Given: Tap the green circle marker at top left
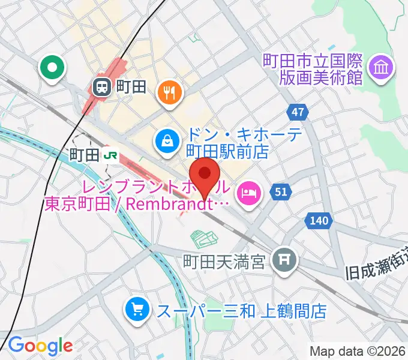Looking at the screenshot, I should tap(52, 67).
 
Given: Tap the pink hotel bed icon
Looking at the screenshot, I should tap(248, 193).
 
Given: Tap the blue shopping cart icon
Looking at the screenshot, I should tap(137, 310).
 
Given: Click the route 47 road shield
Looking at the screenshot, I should tap(298, 111).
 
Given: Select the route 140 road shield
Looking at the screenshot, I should tap(319, 221).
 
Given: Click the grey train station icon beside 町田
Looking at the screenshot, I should tap(101, 88).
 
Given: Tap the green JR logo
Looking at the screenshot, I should tap(110, 155).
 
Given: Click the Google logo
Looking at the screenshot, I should tap(40, 345).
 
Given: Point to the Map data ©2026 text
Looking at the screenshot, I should tap(358, 351).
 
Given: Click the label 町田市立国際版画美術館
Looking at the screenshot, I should tap(313, 68).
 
